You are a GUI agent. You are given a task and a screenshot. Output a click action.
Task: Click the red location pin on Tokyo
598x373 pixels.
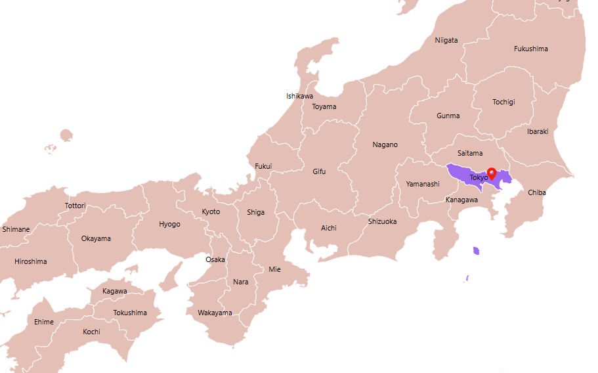click(x=492, y=173)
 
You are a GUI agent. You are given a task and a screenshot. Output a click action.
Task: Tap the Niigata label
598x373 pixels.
click(x=446, y=40)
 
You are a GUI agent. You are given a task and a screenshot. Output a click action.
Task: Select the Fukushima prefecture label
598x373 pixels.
click(x=530, y=49)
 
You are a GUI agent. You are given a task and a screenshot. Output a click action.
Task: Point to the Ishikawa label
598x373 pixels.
click(x=299, y=96)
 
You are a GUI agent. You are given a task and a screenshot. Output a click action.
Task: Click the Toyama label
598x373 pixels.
click(x=324, y=106)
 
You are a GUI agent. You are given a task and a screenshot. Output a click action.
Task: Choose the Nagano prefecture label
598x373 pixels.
click(x=385, y=144)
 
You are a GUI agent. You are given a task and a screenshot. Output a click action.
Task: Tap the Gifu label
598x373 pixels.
click(x=319, y=171)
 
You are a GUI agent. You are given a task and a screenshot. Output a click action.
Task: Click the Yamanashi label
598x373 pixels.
click(x=423, y=184)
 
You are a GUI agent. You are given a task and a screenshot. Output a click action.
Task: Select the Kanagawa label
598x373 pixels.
click(x=461, y=200)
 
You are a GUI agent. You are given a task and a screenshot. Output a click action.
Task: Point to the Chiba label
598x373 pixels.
click(x=536, y=192)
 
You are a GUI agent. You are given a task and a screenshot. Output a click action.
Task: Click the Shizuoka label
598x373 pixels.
click(x=382, y=221)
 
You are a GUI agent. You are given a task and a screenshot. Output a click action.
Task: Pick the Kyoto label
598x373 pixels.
click(x=211, y=211)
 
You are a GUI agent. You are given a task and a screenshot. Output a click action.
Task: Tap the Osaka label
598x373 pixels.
click(x=215, y=259)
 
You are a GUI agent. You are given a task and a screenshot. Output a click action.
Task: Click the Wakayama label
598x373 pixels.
click(x=215, y=313)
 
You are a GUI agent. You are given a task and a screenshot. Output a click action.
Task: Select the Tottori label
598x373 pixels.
click(x=75, y=206)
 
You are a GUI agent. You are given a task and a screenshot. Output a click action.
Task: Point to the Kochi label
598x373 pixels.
click(x=91, y=332)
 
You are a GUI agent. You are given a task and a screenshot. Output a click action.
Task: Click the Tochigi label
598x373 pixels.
click(x=503, y=102)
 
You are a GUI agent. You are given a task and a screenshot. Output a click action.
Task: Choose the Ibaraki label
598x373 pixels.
click(x=537, y=131)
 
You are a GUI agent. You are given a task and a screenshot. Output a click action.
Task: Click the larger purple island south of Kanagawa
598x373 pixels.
click(x=476, y=251)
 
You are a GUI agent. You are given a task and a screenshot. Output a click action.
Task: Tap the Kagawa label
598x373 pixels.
click(x=115, y=291)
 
